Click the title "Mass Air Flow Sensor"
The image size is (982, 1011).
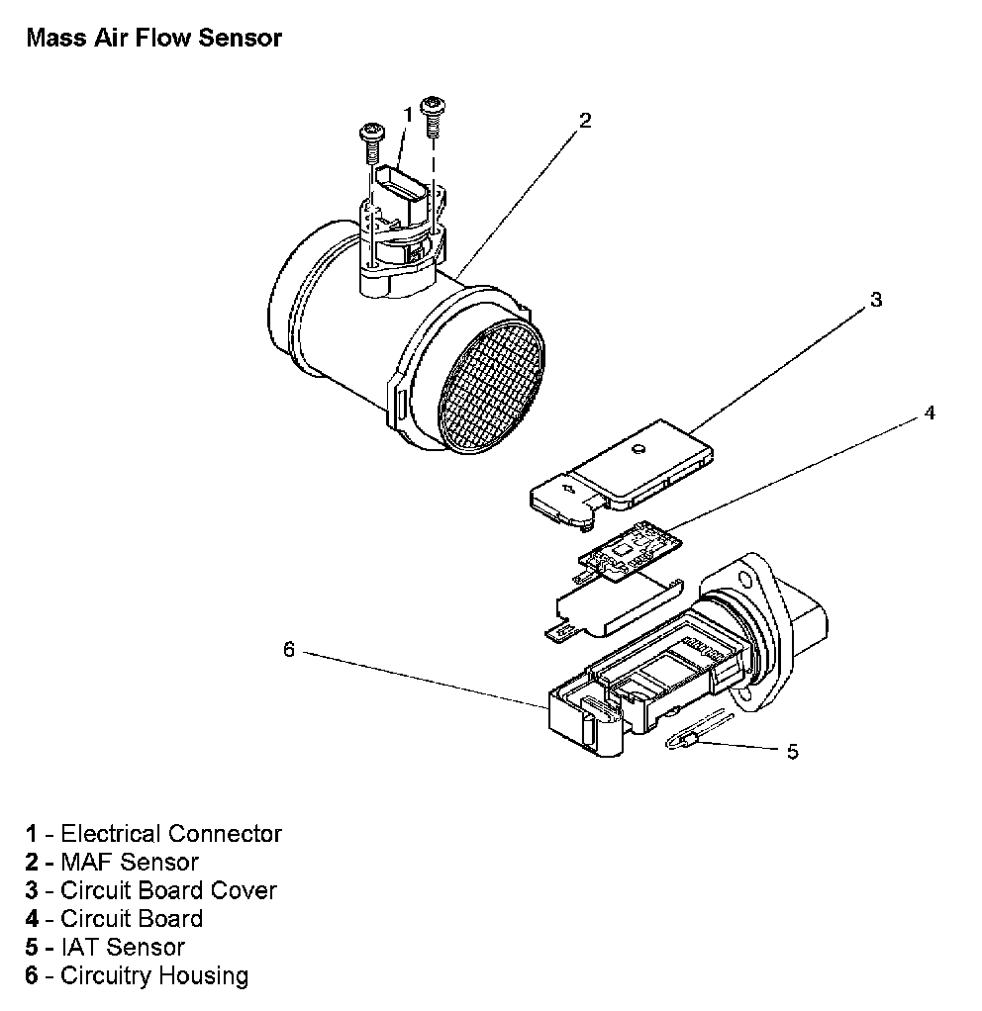[x=154, y=39]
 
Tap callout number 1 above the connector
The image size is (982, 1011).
[x=407, y=116]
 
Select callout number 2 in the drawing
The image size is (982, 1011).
[x=585, y=121]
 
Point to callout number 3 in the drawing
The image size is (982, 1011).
[x=874, y=299]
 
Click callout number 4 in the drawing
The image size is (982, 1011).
[x=929, y=413]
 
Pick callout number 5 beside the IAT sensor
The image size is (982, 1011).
[x=792, y=752]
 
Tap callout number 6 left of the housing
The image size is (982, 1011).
[x=289, y=649]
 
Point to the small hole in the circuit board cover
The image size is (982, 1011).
[x=640, y=449]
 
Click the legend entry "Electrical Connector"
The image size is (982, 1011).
[x=171, y=834]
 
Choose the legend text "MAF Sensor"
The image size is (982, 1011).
[x=130, y=862]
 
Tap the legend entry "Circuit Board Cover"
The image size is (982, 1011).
[x=168, y=890]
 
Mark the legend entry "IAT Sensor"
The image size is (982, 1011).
[x=123, y=947]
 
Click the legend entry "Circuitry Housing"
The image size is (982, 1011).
[x=154, y=975]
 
